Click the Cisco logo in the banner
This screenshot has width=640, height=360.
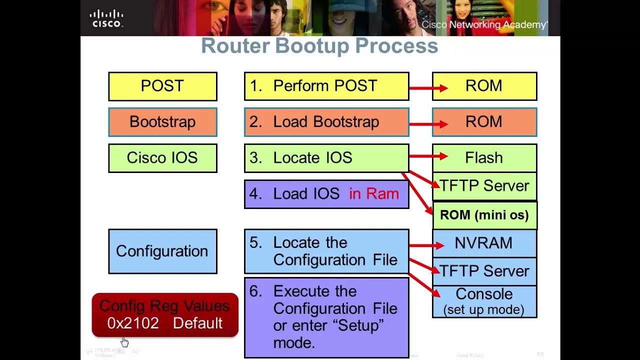[106, 18]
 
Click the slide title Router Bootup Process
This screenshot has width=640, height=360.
[319, 46]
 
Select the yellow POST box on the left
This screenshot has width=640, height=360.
[162, 86]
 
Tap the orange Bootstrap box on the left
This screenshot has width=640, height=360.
[162, 122]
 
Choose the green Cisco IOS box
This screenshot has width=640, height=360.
[162, 158]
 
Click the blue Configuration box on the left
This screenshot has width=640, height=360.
[162, 251]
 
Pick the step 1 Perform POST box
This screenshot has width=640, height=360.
[326, 86]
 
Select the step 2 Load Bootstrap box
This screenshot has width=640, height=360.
[326, 122]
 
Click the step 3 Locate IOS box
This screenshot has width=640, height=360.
[326, 158]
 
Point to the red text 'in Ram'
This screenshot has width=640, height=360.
[374, 194]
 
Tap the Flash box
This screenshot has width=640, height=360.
[484, 158]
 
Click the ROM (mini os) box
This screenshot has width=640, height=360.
[484, 215]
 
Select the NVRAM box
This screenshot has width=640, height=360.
[484, 243]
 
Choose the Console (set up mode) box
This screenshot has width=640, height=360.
[484, 301]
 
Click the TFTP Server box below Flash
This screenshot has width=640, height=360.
[484, 186]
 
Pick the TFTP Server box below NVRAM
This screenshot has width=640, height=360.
[484, 271]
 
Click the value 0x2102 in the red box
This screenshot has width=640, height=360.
[133, 323]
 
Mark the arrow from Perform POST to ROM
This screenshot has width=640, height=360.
[428, 88]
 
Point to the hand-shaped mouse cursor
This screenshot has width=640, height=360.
[124, 342]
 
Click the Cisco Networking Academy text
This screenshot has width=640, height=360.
[484, 24]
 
